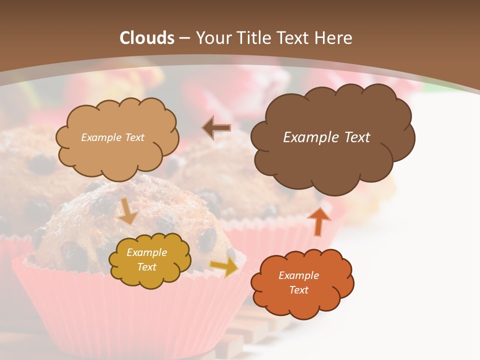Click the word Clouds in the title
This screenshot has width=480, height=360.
tap(147, 38)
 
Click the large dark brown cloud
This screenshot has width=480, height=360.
tap(332, 160)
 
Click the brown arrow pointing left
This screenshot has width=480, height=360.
tap(216, 127)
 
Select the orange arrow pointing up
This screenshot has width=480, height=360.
tap(318, 220)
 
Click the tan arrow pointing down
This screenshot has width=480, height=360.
tap(127, 212)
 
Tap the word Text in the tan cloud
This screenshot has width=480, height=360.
tap(134, 137)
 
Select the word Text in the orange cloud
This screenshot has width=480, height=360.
tap(298, 290)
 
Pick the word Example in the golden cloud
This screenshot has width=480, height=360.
tap(146, 252)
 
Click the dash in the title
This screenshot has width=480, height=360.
tap(184, 38)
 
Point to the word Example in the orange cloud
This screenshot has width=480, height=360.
tap(298, 275)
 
